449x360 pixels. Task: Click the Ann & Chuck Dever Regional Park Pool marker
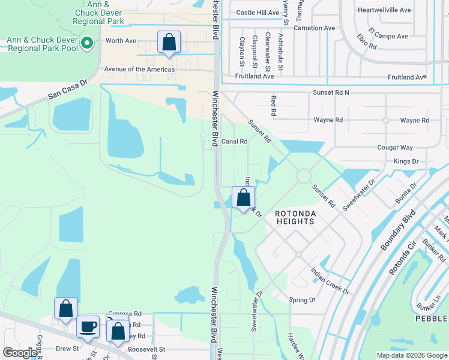click(x=88, y=43)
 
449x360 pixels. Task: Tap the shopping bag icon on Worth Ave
click(x=169, y=43)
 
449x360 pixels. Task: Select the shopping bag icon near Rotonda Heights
click(x=243, y=198)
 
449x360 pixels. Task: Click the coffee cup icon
click(x=88, y=328)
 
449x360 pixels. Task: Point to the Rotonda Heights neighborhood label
click(x=295, y=217)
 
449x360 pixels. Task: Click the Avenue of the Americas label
click(x=139, y=70)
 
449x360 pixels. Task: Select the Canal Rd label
click(x=234, y=142)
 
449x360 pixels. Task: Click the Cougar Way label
click(x=395, y=148)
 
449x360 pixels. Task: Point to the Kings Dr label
click(x=406, y=161)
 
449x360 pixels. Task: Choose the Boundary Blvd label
click(x=399, y=230)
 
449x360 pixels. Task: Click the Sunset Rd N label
click(x=330, y=92)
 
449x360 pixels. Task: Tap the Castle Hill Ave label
click(x=258, y=13)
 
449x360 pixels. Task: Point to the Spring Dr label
click(x=302, y=299)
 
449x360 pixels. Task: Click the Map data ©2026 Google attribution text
click(x=412, y=355)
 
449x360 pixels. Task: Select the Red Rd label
click(x=273, y=105)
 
